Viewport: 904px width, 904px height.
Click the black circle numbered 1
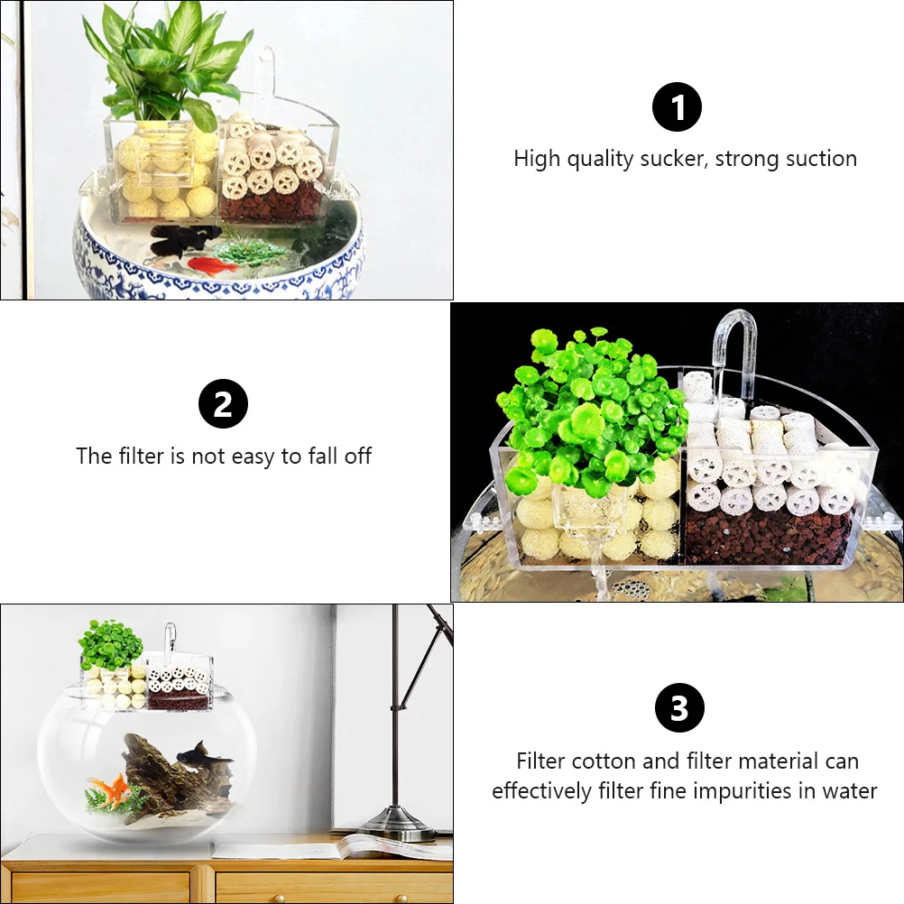coord(677,108)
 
